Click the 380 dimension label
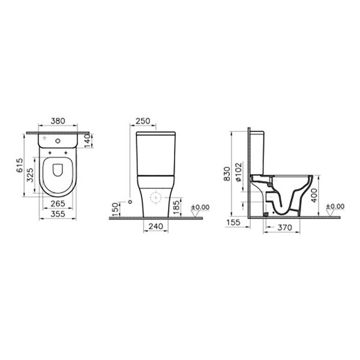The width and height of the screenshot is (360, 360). click(x=58, y=121)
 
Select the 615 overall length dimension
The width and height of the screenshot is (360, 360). click(x=20, y=165)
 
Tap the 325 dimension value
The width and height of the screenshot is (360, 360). click(x=31, y=175)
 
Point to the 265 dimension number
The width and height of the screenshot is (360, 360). click(x=58, y=203)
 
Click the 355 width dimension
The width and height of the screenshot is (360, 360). click(x=58, y=214)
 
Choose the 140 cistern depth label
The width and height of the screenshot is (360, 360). click(x=88, y=141)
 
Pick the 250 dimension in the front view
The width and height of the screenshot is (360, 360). click(x=143, y=121)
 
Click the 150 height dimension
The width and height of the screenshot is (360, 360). click(x=115, y=209)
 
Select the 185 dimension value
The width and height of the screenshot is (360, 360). click(x=176, y=208)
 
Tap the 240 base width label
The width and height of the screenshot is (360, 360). click(x=155, y=226)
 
